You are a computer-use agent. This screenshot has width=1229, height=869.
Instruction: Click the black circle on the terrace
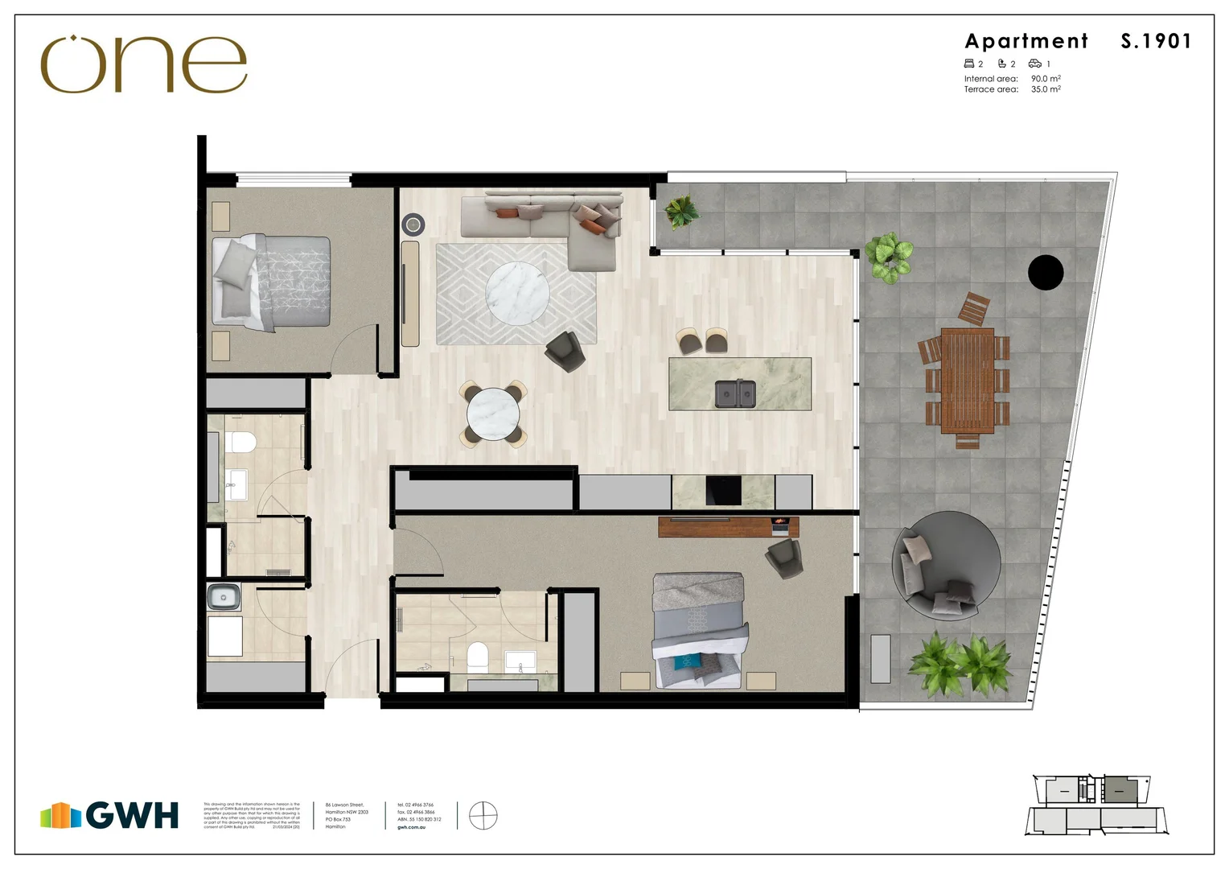1046,273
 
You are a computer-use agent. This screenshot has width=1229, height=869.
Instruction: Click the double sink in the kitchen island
735,393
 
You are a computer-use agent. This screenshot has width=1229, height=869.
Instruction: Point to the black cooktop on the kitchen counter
723,491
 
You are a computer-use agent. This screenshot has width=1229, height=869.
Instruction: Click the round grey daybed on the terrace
947,565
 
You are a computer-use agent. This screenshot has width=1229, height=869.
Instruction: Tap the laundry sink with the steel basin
224,597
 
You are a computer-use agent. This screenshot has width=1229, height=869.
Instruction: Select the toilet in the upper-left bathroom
240,443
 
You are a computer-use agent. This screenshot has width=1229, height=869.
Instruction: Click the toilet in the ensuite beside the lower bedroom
478,657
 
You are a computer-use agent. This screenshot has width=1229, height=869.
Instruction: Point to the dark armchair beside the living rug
566,352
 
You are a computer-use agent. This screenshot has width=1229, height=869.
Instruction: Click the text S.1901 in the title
1156,41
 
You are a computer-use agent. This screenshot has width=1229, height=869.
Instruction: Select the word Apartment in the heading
1026,41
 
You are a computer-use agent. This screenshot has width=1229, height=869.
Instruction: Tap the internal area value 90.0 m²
1046,79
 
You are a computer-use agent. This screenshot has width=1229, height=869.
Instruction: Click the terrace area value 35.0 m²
1046,89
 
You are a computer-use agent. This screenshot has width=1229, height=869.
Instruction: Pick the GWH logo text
132,815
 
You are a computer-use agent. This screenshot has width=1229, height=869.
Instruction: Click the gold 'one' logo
143,64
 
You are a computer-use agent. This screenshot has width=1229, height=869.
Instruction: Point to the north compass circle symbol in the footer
483,816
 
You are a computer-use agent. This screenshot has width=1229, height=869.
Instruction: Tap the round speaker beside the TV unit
413,224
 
